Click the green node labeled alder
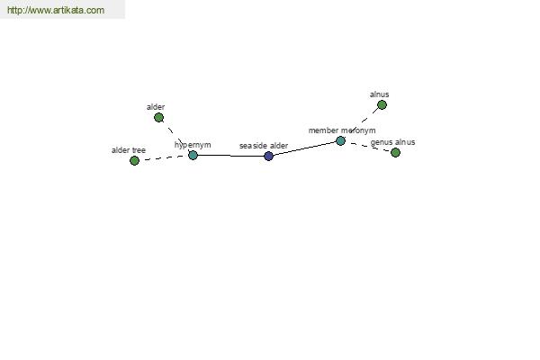point(158,118)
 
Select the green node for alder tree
point(134,160)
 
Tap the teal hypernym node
point(193,156)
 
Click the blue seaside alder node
point(268,156)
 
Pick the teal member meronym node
point(340,141)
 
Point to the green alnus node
point(382,104)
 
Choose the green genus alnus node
point(396,152)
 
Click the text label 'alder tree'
point(129,150)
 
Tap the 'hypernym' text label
point(193,145)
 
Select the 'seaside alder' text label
point(264,146)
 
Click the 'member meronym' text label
point(342,130)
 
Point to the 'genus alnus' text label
point(393,142)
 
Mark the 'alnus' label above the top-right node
point(380,94)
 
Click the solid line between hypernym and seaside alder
point(230,156)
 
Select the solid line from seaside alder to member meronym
point(304,148)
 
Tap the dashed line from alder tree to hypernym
point(164,158)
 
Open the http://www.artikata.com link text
point(56,10)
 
